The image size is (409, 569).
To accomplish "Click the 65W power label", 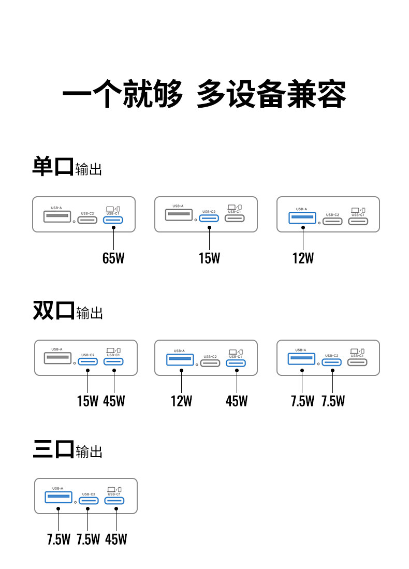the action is pyautogui.click(x=113, y=258).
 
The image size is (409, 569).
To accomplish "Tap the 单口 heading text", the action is pyautogui.click(x=53, y=167).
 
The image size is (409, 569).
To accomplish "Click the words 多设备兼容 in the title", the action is pyautogui.click(x=271, y=94).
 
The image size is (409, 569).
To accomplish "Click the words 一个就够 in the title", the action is pyautogui.click(x=122, y=94).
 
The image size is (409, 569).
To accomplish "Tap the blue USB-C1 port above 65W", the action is pyautogui.click(x=113, y=220).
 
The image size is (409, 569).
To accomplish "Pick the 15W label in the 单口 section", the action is pyautogui.click(x=209, y=258).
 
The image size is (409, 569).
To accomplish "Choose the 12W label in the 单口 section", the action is pyautogui.click(x=303, y=258).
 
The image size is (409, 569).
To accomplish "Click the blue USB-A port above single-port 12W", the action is pyautogui.click(x=302, y=218).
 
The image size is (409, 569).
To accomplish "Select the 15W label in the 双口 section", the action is pyautogui.click(x=87, y=401).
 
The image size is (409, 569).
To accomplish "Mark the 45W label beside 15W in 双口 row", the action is pyautogui.click(x=114, y=401).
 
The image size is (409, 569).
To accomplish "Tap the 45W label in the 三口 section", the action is pyautogui.click(x=116, y=539).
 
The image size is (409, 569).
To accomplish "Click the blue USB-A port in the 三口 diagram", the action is pyautogui.click(x=59, y=497).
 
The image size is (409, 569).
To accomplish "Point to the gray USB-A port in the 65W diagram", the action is pyautogui.click(x=57, y=216).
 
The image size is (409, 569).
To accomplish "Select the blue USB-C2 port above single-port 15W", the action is pyautogui.click(x=209, y=218).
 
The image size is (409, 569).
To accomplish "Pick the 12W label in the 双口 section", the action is pyautogui.click(x=181, y=401).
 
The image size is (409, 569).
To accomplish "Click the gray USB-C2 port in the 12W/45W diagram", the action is pyautogui.click(x=211, y=363).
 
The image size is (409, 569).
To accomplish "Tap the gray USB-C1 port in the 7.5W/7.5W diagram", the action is pyautogui.click(x=357, y=362).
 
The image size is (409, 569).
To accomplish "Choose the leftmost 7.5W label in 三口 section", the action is pyautogui.click(x=59, y=539).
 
